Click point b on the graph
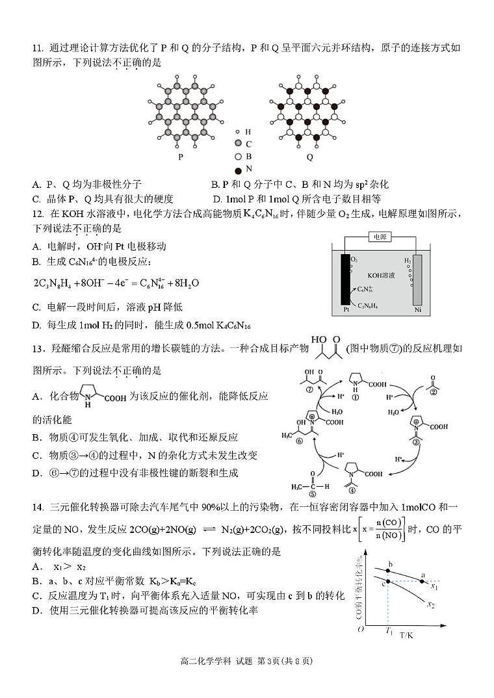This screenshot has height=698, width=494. (x=389, y=571)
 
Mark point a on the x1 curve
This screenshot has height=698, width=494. (x=422, y=580)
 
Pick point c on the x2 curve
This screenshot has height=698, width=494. (x=388, y=580)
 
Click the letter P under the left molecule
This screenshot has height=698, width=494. (x=179, y=157)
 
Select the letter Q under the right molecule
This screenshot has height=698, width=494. (x=309, y=157)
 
